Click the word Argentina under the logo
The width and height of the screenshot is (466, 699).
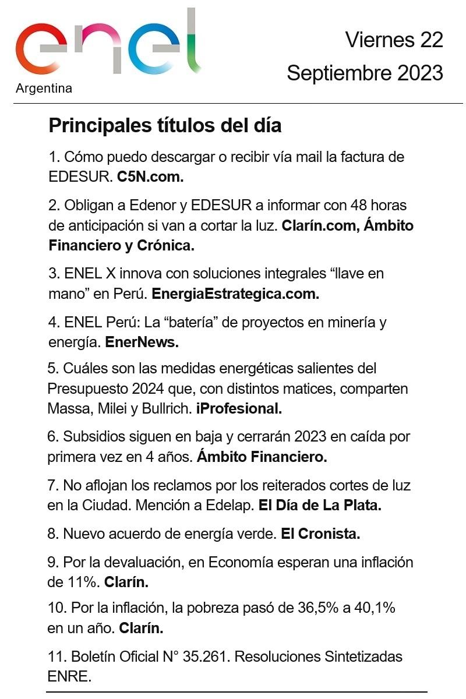coord(44,89)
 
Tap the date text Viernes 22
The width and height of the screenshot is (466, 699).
coord(394,40)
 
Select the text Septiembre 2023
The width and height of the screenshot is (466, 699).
coord(365,73)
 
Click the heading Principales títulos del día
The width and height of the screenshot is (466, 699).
coord(165,125)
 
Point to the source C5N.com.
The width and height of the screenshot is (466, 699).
coord(150,177)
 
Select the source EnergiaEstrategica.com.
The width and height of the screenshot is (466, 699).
coord(235,294)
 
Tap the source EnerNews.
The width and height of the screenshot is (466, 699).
coord(142,343)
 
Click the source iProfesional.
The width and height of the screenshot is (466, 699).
coord(239,409)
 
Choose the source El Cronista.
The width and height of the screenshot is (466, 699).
coord(320,533)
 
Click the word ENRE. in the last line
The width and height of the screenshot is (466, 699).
coord(70,677)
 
